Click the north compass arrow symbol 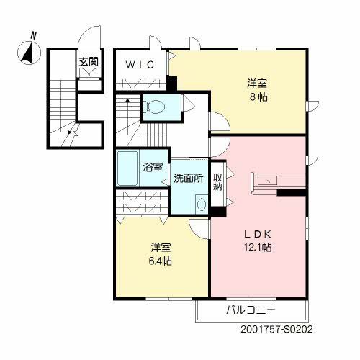point(30,51)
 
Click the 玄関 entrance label point(89,60)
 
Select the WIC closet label point(140,65)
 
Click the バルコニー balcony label point(251,311)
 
